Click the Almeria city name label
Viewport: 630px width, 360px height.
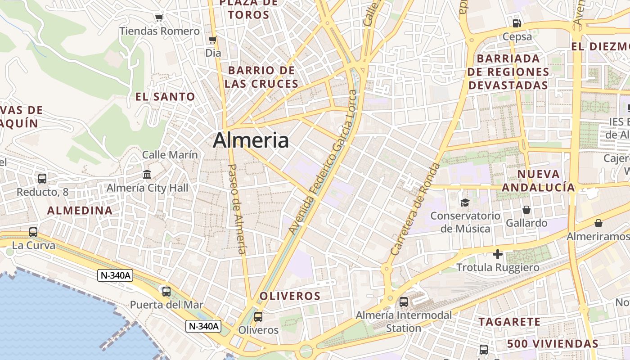coord(251,140)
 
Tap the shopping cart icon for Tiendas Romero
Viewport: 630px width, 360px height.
coord(159,18)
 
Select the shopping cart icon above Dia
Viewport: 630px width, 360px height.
coord(213,40)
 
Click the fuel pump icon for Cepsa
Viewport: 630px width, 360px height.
coord(517,23)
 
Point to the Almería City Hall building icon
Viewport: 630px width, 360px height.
coord(147,174)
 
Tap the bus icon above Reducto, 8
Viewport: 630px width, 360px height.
coord(42,179)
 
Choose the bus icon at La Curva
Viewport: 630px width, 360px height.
coord(33,232)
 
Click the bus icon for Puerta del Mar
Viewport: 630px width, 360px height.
coord(166,291)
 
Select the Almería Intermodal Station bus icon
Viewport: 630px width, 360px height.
coord(404,302)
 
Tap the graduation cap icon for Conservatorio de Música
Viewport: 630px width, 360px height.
coord(465,203)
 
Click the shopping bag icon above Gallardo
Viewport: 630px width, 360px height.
coord(526,210)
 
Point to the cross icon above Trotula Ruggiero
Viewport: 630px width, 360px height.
coord(497,255)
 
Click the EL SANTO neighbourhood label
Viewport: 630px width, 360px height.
coord(165,97)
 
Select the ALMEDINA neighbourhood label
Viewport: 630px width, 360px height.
coord(80,211)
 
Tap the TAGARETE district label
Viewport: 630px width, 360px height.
coord(509,322)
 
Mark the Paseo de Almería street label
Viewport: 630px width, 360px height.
coord(238,209)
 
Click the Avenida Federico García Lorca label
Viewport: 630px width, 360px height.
coord(323,162)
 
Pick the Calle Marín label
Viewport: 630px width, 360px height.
coord(170,155)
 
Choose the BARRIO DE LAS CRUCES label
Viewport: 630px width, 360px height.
coord(261,77)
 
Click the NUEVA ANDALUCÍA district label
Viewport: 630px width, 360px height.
coord(538,180)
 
